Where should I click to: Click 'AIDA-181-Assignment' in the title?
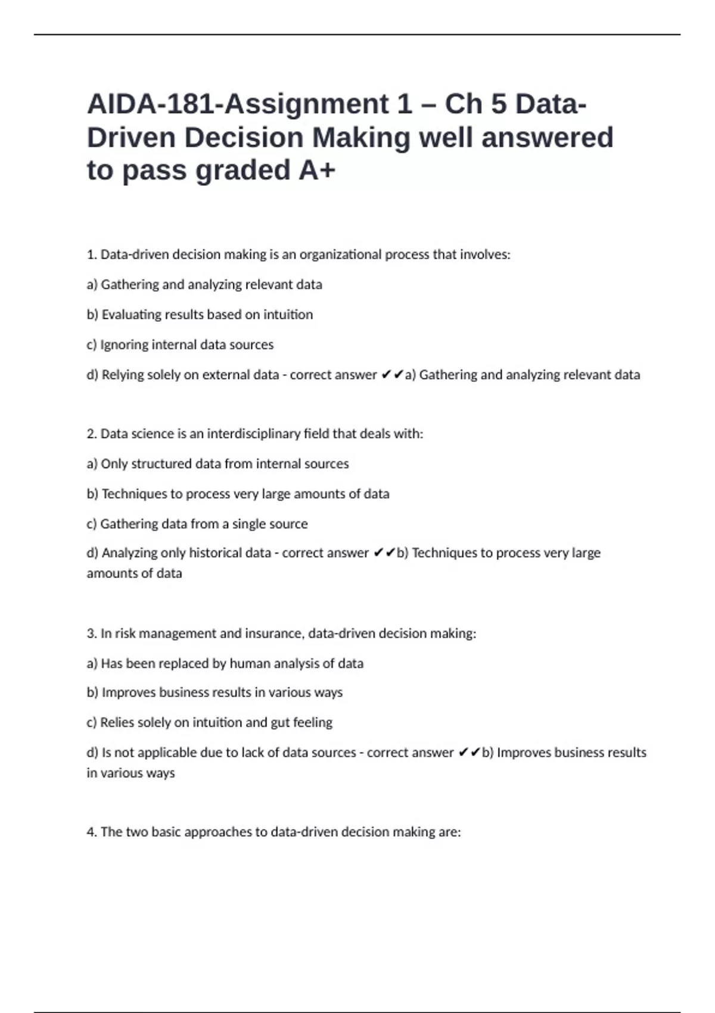pos(238,104)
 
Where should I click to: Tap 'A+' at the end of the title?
pos(317,170)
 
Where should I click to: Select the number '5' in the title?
pos(499,104)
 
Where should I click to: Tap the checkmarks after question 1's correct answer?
pos(392,375)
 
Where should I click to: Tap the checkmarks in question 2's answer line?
pos(384,553)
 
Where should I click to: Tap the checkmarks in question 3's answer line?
pos(469,753)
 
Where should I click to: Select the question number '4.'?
pos(92,832)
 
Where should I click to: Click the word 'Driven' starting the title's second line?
pos(131,138)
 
